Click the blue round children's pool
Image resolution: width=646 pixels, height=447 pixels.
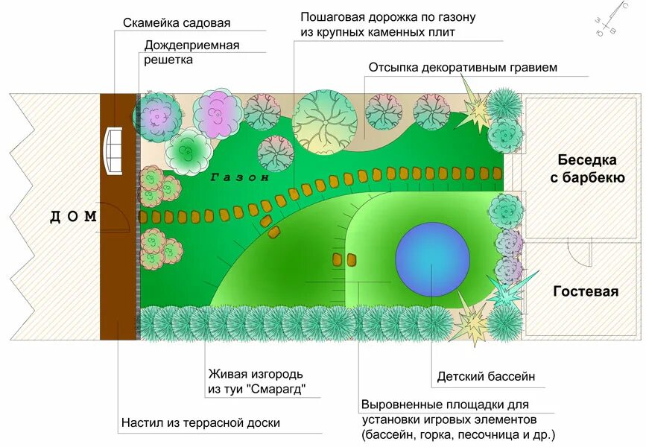pyautogui.click(x=432, y=259)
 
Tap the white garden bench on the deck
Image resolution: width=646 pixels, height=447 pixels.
pyautogui.click(x=113, y=151)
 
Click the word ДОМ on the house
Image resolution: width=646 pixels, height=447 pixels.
pyautogui.click(x=74, y=217)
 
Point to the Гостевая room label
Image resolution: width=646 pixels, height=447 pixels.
pyautogui.click(x=586, y=291)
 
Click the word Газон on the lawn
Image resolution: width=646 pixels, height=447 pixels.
pyautogui.click(x=238, y=178)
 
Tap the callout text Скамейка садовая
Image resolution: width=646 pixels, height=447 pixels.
pyautogui.click(x=177, y=24)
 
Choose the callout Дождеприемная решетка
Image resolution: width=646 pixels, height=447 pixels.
pyautogui.click(x=191, y=52)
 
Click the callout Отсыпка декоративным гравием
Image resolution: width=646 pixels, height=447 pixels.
pyautogui.click(x=463, y=68)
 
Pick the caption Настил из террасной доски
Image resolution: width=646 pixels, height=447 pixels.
pyautogui.click(x=200, y=423)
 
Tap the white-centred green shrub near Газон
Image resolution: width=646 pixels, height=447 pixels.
pyautogui.click(x=189, y=151)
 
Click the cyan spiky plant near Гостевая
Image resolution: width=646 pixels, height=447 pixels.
pyautogui.click(x=512, y=289)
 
